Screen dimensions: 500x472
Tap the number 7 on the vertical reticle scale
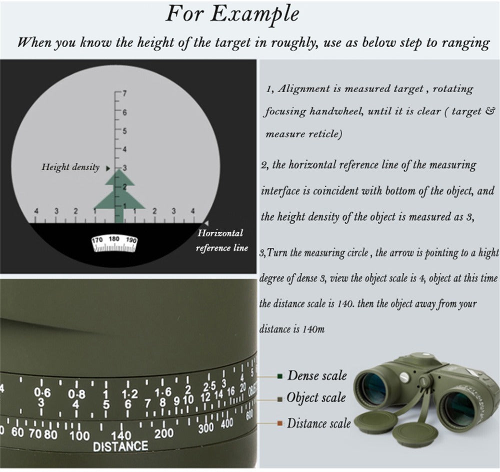pos(124,93)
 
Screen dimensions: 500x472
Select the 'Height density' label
pos(70,167)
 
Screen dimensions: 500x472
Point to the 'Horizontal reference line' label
pos(221,240)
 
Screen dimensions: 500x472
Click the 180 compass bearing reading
pos(114,239)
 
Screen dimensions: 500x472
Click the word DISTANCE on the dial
pos(120,446)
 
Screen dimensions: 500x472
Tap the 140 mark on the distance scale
pos(121,435)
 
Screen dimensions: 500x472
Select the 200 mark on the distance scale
pos(164,433)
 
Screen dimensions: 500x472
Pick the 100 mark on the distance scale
pos(79,435)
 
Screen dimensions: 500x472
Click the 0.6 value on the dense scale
pos(42,392)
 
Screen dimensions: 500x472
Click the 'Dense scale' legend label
pos(317,375)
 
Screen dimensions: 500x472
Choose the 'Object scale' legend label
pos(316,397)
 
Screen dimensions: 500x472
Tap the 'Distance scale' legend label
pos(319,423)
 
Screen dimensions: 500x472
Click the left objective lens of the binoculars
pos(373,385)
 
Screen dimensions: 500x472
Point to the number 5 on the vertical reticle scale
pos(124,131)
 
